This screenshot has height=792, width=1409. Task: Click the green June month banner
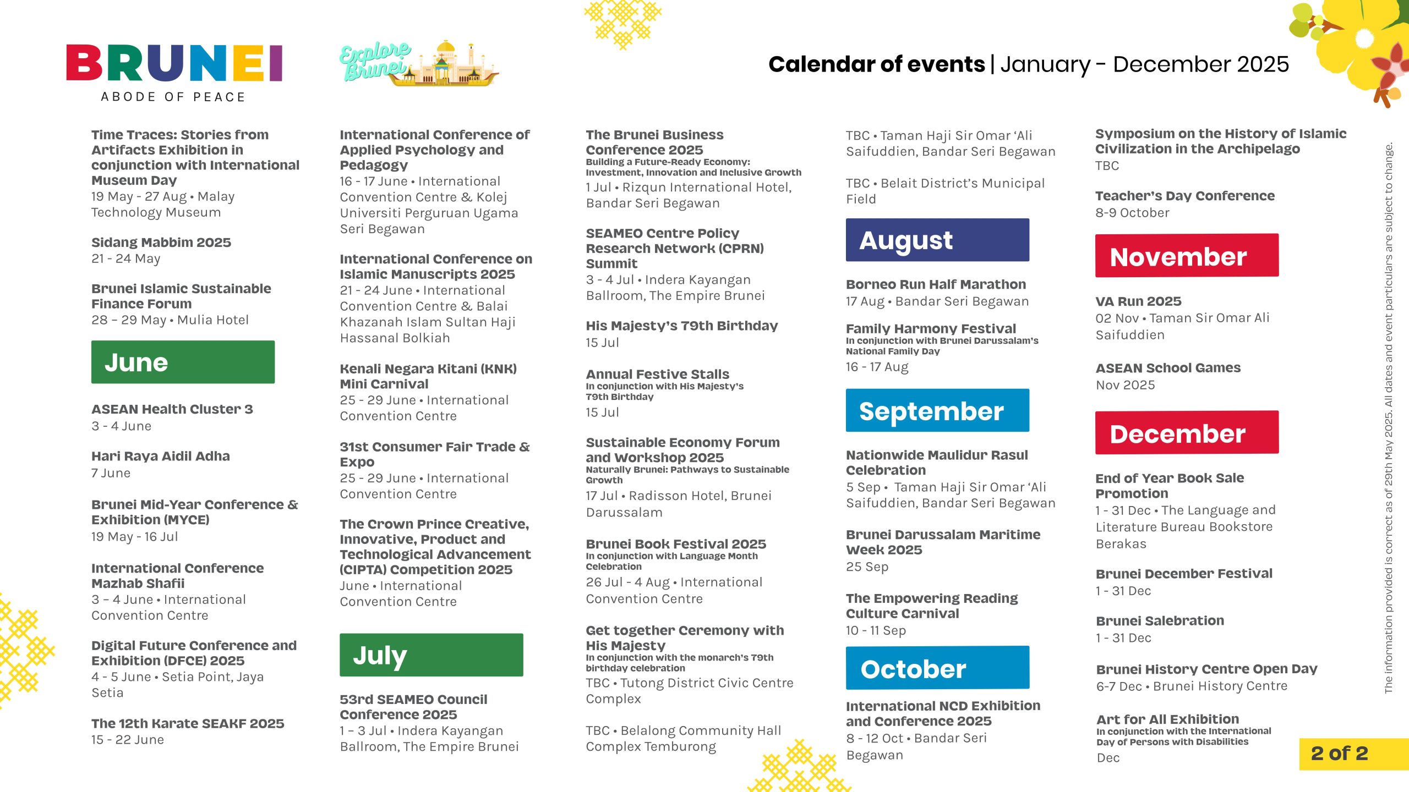tap(183, 362)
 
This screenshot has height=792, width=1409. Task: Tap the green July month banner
tap(432, 654)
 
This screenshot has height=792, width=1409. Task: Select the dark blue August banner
tap(937, 240)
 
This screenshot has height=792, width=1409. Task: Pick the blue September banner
tap(937, 410)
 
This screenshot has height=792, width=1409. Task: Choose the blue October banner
tap(937, 668)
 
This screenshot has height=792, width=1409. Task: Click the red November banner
tap(1187, 255)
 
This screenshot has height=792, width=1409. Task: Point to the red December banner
tap(1187, 432)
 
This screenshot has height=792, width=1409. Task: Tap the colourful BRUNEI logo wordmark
tap(174, 63)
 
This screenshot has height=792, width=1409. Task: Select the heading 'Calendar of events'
tap(876, 64)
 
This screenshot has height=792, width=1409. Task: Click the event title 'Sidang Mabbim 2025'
tap(161, 243)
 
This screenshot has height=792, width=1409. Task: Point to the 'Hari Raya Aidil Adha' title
tap(161, 456)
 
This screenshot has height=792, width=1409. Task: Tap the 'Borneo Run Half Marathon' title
tap(936, 284)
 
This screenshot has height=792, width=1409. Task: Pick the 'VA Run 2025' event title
tap(1138, 301)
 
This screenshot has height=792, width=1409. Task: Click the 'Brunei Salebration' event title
tap(1160, 621)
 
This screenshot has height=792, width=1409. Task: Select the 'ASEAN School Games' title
tap(1168, 368)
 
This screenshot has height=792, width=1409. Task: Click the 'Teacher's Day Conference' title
tap(1185, 196)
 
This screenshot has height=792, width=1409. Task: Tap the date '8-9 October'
tap(1132, 213)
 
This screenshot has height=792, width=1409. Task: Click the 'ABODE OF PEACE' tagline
tap(173, 97)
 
